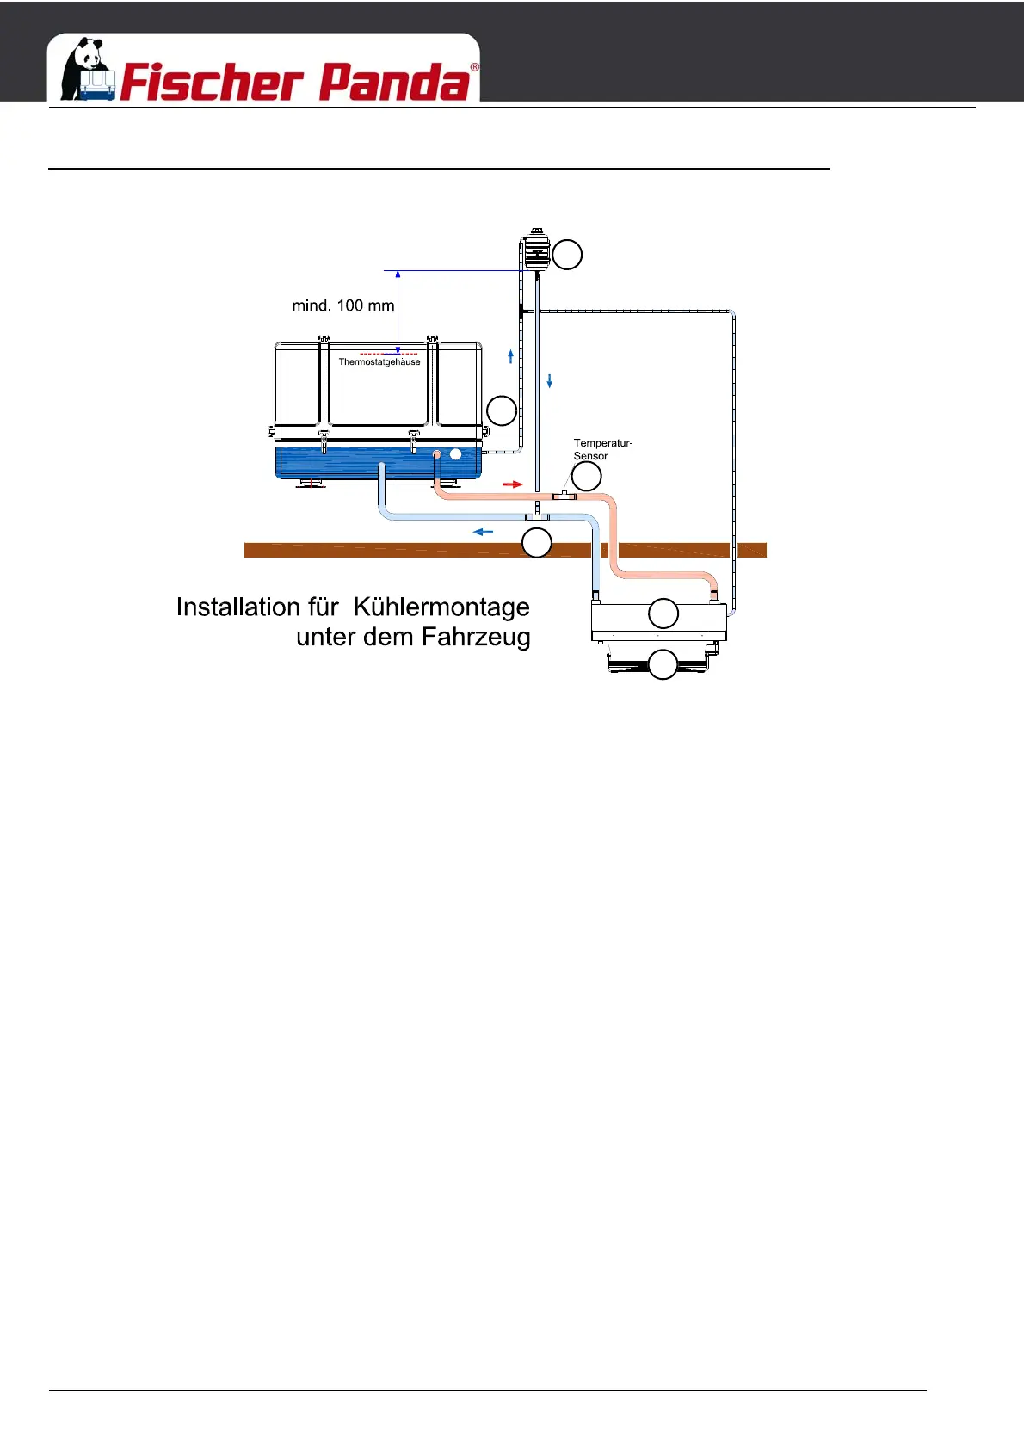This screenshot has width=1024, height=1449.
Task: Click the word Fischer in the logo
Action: [x=212, y=83]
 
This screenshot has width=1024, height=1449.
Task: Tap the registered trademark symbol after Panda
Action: [x=474, y=67]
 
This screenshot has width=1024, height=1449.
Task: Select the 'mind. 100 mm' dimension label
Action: [x=343, y=305]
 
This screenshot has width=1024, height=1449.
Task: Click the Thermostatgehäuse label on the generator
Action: [x=379, y=362]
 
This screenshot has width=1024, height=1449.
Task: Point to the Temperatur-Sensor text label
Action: [x=602, y=449]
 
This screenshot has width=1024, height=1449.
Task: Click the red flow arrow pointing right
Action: [x=513, y=484]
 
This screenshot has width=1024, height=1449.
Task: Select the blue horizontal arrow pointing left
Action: [x=484, y=532]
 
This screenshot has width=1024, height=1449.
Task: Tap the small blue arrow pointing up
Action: [x=511, y=355]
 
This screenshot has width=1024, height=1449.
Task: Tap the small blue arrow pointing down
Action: [x=550, y=380]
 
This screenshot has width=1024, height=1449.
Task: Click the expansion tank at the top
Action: [x=537, y=250]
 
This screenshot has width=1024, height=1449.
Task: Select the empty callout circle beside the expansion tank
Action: [x=567, y=255]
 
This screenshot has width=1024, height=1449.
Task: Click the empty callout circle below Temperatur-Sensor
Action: [x=587, y=476]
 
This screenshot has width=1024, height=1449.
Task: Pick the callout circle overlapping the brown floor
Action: [x=537, y=543]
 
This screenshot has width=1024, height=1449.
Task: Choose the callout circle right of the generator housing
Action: [x=502, y=410]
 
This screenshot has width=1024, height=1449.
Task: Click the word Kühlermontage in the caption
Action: [x=441, y=607]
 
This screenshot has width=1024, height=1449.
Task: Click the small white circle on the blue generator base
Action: [x=456, y=453]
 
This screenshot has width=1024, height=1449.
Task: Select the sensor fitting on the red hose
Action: [x=564, y=496]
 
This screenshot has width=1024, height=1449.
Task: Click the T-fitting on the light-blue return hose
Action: [x=538, y=516]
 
